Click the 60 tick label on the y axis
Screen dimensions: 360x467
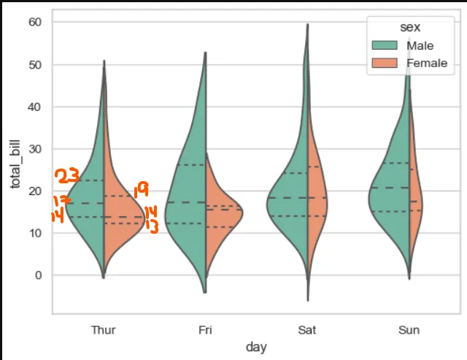35,23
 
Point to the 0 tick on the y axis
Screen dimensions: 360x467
39,275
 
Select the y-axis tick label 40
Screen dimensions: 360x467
35,107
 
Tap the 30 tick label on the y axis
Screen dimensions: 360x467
35,149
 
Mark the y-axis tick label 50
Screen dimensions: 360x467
35,65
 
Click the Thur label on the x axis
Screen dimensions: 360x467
104,330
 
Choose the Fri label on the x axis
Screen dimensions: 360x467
206,330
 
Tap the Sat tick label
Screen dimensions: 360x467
307,330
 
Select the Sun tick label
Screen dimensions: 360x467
409,330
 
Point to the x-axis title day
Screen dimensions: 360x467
256,348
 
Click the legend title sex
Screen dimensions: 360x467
409,28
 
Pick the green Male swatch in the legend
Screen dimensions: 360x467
385,46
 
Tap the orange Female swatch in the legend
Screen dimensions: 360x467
385,63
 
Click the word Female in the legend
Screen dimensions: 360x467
427,63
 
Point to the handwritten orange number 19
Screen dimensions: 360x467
141,191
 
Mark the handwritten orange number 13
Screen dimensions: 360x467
152,225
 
